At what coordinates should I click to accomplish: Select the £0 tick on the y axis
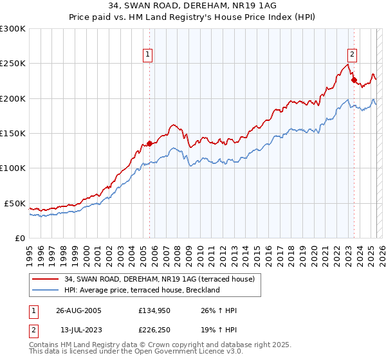coord(18,238)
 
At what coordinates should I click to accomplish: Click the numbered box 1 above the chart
coord(149,55)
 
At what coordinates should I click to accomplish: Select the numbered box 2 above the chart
coord(353,55)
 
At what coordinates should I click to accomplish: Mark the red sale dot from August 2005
coord(149,143)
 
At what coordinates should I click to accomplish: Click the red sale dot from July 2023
coord(353,80)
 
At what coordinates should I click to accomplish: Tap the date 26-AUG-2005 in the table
coord(78,310)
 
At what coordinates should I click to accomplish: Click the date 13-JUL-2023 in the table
coord(78,330)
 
